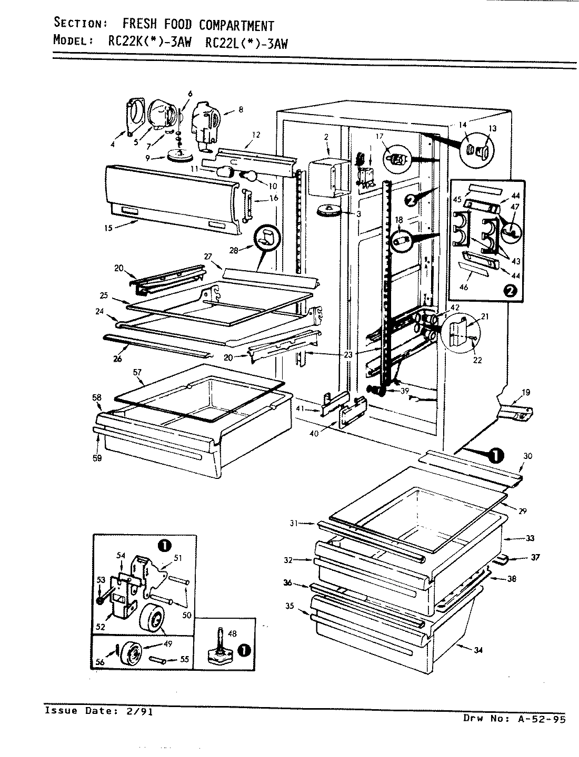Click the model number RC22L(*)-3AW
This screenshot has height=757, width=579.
(x=246, y=43)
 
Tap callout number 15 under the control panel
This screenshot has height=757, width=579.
(x=108, y=228)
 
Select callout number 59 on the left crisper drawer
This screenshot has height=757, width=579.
(x=97, y=458)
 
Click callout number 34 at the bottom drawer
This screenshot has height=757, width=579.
(x=478, y=651)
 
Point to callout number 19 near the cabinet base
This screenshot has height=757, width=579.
(x=526, y=392)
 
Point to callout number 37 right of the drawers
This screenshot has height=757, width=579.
(x=535, y=557)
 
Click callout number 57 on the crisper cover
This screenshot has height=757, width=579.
(x=138, y=372)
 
